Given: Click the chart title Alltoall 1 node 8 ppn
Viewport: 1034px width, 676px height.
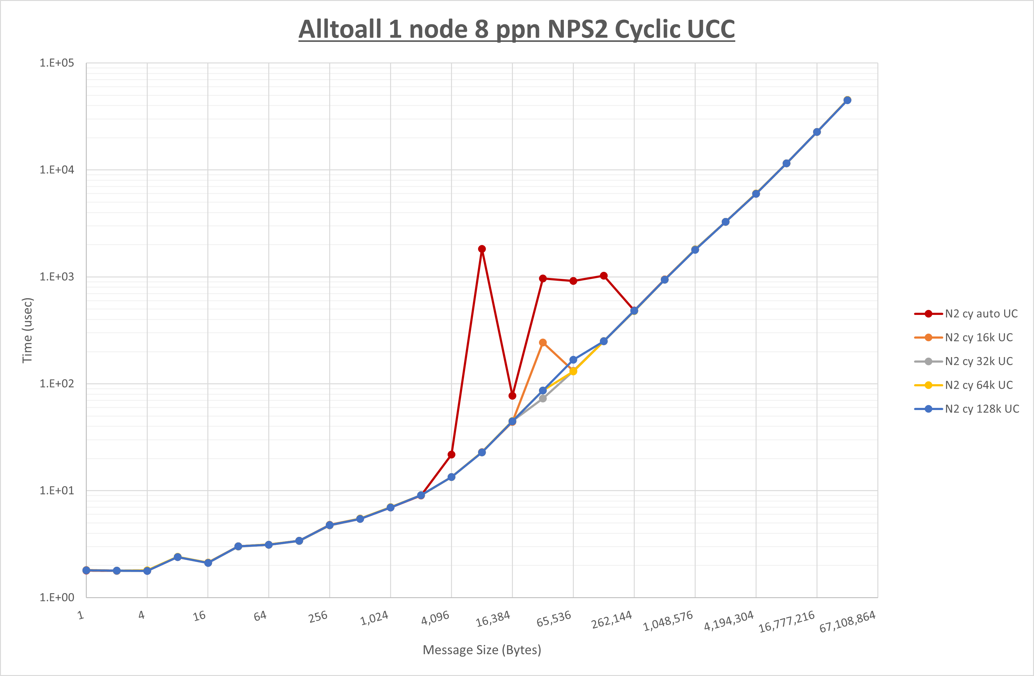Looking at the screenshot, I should coord(517,29).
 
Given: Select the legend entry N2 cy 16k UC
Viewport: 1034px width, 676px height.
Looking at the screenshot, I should coord(978,338).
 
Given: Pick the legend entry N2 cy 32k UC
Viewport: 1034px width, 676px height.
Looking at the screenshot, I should coord(978,361).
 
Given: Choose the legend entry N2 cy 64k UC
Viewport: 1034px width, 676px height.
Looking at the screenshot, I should coord(978,385).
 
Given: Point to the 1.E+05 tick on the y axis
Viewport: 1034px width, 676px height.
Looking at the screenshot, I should coord(57,63).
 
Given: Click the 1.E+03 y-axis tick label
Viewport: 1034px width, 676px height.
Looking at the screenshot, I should coord(57,277).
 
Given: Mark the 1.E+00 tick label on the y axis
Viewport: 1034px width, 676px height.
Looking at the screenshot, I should coord(57,597).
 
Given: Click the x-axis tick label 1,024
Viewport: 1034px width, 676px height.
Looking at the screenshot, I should coord(374,618).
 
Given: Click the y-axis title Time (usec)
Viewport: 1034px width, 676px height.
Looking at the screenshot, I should coord(27,330).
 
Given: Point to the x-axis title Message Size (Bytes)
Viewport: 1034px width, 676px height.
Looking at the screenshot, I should coord(482,650).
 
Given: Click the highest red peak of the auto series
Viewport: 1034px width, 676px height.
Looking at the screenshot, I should coord(482,249).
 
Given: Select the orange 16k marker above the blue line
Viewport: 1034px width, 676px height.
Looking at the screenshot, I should coord(543,343).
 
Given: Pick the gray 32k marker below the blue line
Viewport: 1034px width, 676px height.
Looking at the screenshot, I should coord(543,398).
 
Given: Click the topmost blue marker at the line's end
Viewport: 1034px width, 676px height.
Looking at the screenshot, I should coord(847,100).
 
